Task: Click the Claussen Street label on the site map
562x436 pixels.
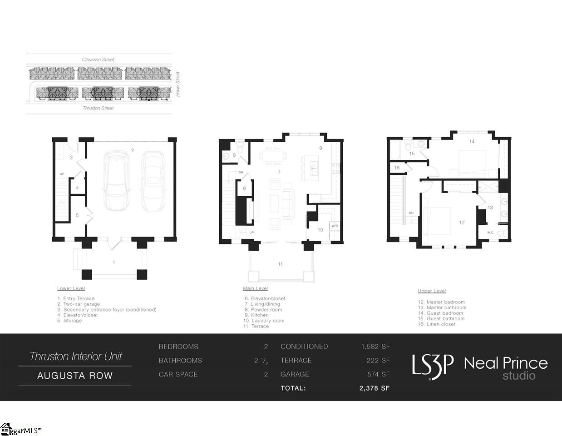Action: [x=98, y=59]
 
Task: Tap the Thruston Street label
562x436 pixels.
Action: [x=98, y=108]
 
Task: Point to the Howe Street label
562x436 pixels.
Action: [x=178, y=84]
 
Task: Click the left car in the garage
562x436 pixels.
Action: [x=116, y=180]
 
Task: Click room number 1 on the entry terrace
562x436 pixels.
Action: [x=114, y=262]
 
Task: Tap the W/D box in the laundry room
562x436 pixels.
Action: [x=335, y=226]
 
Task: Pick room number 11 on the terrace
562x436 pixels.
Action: [x=280, y=264]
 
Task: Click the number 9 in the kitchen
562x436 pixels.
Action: [x=320, y=148]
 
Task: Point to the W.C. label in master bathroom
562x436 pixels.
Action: [x=490, y=233]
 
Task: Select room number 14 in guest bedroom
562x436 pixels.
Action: [x=472, y=142]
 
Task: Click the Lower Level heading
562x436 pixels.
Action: [x=71, y=288]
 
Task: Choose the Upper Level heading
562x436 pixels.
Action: [x=432, y=291]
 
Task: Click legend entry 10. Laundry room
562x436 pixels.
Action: [x=264, y=321]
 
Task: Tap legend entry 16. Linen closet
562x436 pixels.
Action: [x=437, y=324]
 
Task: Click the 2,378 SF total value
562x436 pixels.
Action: [x=374, y=388]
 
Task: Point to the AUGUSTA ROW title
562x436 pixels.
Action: [x=75, y=376]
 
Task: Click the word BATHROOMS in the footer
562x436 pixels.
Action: [x=180, y=361]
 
